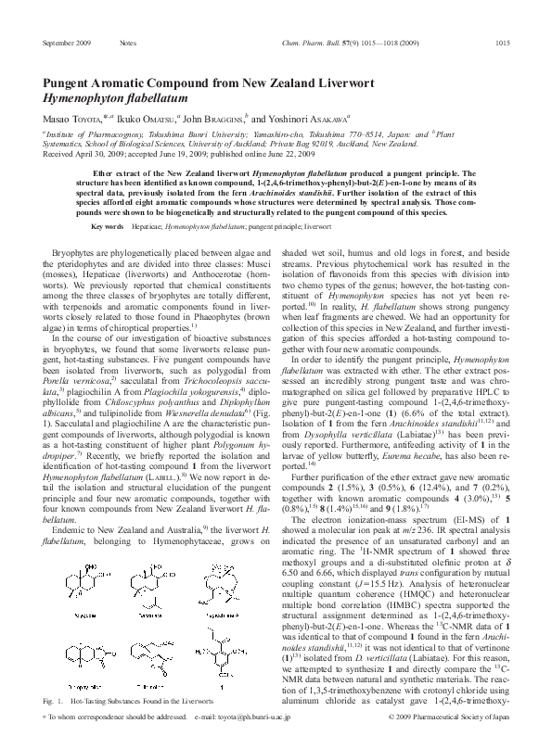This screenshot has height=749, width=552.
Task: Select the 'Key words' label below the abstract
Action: point(108,227)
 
